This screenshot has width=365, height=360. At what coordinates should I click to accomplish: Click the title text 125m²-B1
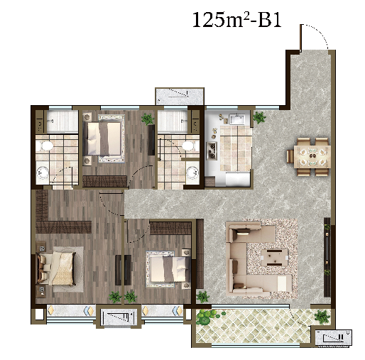coord(237,20)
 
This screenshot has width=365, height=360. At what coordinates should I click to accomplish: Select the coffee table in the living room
coord(275,258)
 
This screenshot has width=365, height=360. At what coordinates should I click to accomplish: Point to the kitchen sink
coord(237,119)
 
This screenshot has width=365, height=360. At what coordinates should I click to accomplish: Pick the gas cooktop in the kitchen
coord(212,151)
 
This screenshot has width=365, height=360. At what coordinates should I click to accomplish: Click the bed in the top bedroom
coord(104,138)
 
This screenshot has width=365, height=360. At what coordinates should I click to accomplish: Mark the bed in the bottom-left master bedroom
coord(57,268)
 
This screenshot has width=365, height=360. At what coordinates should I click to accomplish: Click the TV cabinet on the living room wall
coord(327,257)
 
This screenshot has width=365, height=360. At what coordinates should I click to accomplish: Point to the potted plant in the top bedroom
coord(148,119)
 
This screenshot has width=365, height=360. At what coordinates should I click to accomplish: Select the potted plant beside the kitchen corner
coord(259,117)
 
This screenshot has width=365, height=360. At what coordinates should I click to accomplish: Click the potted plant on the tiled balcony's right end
coord(322,317)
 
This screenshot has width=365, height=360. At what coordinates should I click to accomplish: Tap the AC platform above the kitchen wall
coord(180,97)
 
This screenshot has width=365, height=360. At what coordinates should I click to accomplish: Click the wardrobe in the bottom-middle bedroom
coord(170,228)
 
